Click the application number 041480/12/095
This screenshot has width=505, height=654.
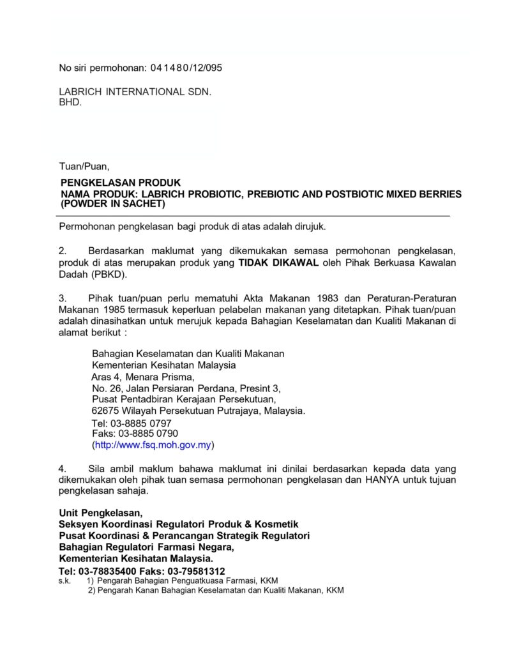click(186, 68)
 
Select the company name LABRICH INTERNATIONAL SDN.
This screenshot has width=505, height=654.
click(135, 91)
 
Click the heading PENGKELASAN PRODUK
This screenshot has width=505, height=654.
click(121, 183)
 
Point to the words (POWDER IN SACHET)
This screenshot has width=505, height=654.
click(112, 204)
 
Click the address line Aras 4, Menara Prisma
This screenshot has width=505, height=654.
click(138, 377)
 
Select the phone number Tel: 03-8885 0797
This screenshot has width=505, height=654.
click(132, 423)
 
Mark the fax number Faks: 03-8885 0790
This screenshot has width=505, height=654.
click(135, 433)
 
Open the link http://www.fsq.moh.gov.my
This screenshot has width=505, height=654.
click(153, 445)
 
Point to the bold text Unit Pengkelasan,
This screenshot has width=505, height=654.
click(102, 513)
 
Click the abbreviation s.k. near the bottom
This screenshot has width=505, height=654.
click(64, 581)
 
